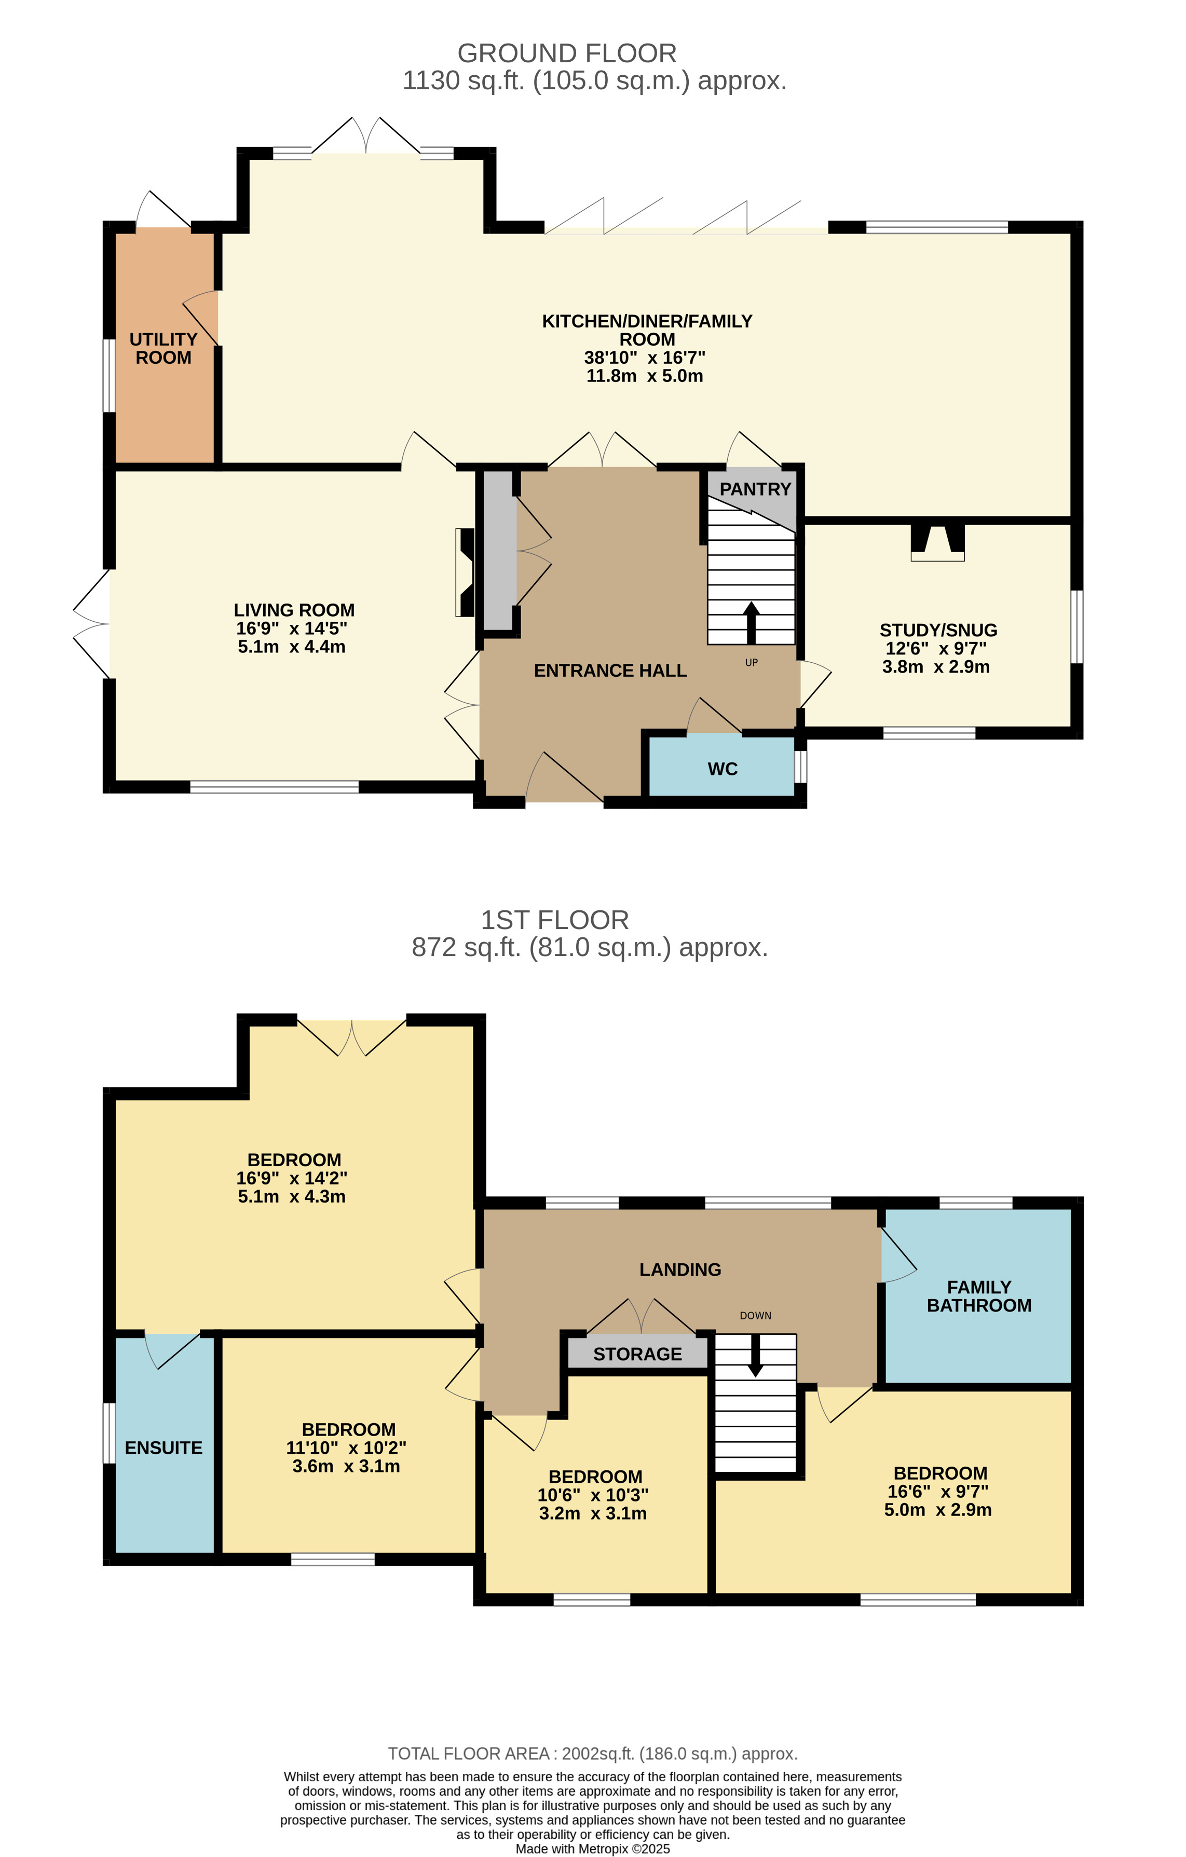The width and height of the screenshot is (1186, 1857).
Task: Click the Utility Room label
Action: [x=163, y=349]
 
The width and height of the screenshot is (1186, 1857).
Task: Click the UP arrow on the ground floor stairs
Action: [x=751, y=622]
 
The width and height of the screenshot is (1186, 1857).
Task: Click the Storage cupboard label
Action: [x=638, y=1354]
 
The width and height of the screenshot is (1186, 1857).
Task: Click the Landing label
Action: [x=680, y=1269]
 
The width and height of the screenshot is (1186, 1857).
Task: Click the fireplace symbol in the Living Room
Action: [x=465, y=572]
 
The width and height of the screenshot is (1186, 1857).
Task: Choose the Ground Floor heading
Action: [x=567, y=53]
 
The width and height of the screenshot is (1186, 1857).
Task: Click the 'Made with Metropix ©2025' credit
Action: [x=592, y=1849]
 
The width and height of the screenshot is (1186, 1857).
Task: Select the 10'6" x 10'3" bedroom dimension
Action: [x=593, y=1495]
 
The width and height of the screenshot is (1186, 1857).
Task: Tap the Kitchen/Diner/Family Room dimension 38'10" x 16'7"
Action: [x=645, y=358]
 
